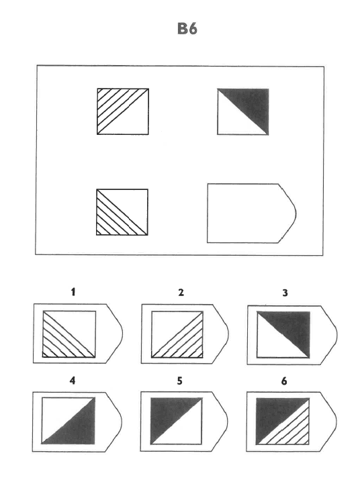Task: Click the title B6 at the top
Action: [x=187, y=29]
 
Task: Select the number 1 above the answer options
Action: [x=73, y=292]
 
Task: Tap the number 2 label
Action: [x=181, y=293]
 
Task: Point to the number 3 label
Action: [x=285, y=293]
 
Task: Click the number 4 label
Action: [x=73, y=381]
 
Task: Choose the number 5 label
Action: [x=180, y=381]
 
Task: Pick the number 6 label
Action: [x=284, y=381]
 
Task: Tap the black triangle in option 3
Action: [x=293, y=327]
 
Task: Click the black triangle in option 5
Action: [x=168, y=413]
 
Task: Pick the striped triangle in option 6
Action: [x=291, y=429]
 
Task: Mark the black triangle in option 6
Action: [x=273, y=414]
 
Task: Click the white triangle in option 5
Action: [x=185, y=429]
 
